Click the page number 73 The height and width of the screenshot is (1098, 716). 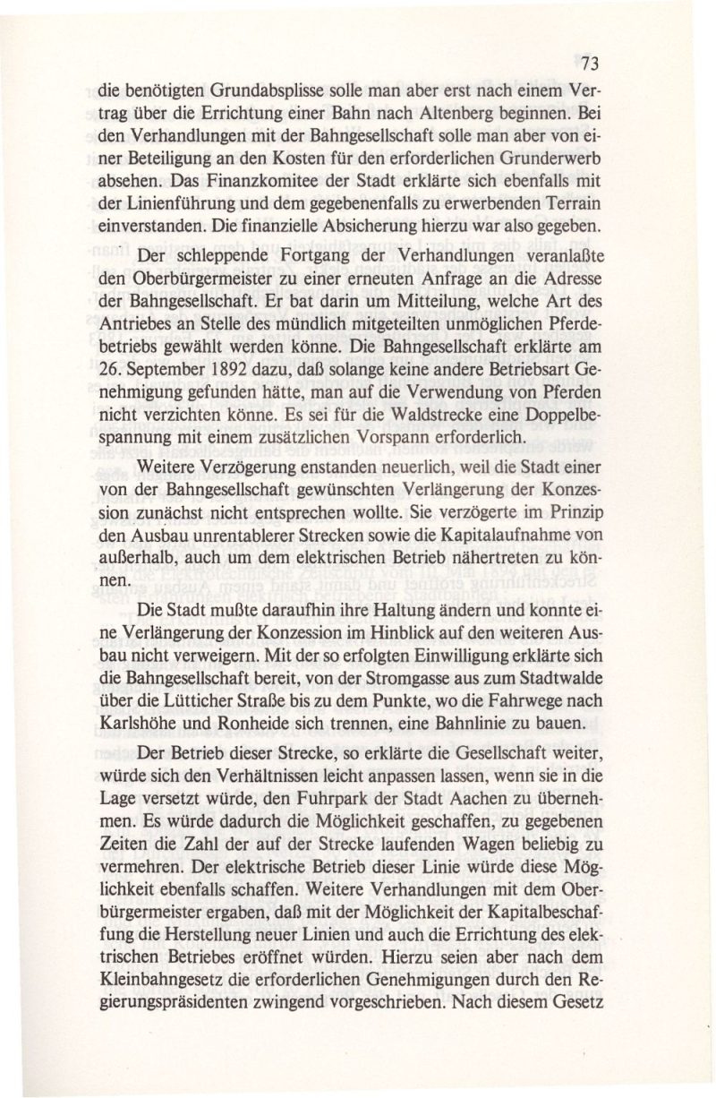pos(589,64)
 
